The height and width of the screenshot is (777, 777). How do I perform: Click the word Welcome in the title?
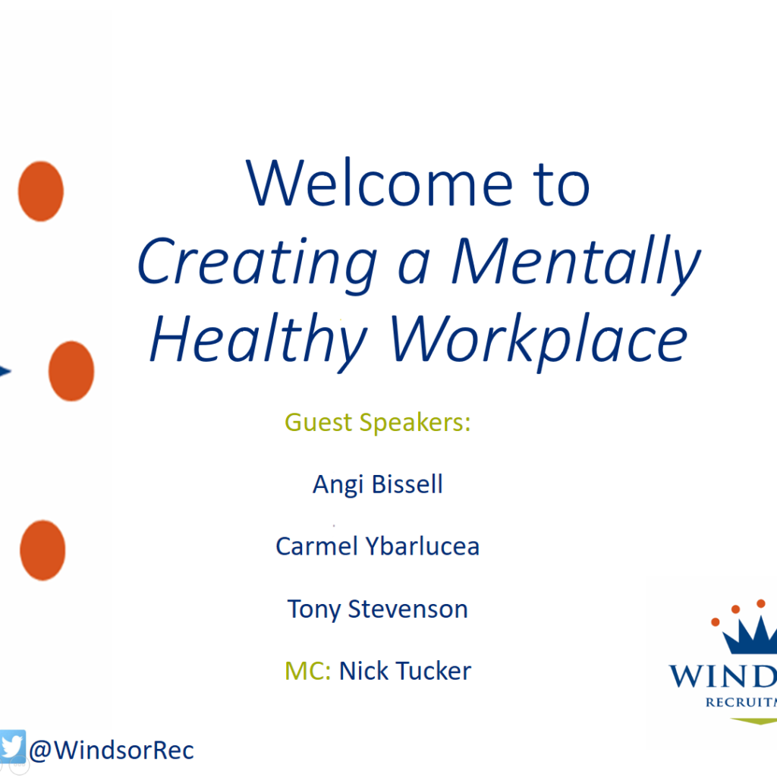(x=379, y=182)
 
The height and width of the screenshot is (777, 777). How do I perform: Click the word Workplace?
(x=539, y=341)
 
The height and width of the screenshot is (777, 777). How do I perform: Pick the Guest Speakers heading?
(x=378, y=423)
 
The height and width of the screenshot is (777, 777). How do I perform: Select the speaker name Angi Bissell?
(x=378, y=484)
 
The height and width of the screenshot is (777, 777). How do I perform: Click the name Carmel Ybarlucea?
(x=378, y=546)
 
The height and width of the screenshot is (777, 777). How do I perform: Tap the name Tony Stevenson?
(x=378, y=609)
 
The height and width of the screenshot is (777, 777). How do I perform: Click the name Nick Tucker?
(x=405, y=671)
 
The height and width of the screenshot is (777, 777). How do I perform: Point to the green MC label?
(x=308, y=671)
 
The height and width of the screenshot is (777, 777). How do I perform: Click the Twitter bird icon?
(x=12, y=747)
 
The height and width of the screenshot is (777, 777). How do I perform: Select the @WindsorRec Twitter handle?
(x=112, y=750)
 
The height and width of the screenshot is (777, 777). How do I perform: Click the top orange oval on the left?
(x=41, y=190)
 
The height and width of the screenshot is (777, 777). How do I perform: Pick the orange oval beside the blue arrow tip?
(x=71, y=370)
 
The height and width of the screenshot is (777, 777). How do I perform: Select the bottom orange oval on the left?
(x=42, y=550)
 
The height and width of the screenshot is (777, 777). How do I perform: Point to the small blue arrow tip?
(x=5, y=371)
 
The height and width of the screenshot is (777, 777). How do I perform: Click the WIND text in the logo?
(x=723, y=676)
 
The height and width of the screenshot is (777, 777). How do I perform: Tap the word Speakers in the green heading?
(x=415, y=423)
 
